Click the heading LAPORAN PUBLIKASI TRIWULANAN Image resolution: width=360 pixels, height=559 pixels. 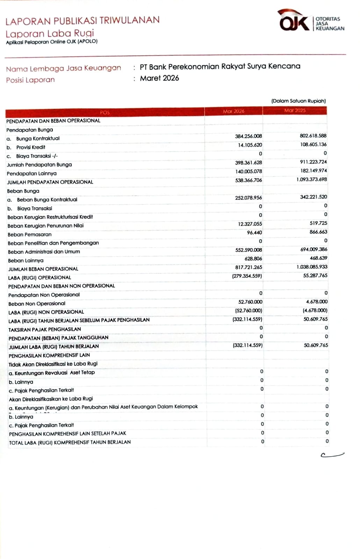coord(82,21)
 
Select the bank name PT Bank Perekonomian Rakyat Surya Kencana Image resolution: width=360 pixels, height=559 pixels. coord(220,66)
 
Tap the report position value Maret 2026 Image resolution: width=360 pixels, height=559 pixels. coord(159,78)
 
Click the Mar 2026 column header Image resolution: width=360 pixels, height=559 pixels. coord(233,111)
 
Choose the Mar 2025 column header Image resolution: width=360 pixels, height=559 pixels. coord(295,110)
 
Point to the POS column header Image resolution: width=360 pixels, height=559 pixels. coord(105,112)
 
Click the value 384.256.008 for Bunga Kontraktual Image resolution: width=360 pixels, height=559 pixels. coord(248,136)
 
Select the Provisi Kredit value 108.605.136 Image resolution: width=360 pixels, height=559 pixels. coord(313,144)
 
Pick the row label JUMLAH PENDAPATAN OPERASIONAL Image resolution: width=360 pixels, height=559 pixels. coord(50,182)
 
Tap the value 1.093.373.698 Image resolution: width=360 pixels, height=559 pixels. coord(311,179)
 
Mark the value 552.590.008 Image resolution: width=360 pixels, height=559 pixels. coord(249,250)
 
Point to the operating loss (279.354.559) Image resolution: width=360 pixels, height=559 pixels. coord(247,276)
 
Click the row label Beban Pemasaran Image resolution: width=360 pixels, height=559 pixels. coord(30,234)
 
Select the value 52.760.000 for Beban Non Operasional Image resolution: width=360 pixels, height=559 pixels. coord(250,302)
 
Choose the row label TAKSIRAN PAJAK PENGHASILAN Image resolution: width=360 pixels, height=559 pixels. coord(45,329)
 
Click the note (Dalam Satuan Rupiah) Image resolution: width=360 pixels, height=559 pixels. coord(298,101)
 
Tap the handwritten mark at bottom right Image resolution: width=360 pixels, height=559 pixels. coord(332,455)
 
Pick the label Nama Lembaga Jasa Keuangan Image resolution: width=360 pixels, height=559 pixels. coord(64,68)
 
